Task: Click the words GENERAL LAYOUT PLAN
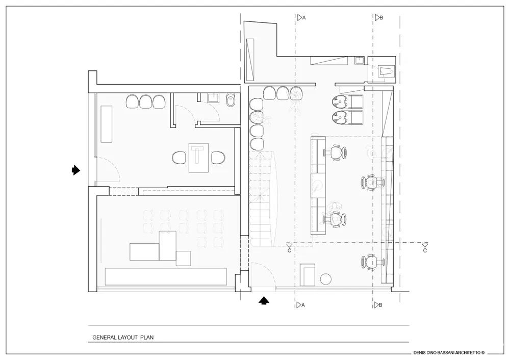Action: coord(122,337)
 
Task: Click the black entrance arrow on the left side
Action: coord(75,170)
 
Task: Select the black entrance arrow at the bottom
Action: coord(263,300)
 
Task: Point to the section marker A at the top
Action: coord(301,17)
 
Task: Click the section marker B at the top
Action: coord(378,17)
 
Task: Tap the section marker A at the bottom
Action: coord(300,305)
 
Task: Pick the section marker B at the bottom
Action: coord(378,305)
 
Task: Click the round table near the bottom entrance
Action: coord(326,278)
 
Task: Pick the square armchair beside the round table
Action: coord(308,275)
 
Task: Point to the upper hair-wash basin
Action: coord(341,102)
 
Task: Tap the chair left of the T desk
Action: coord(179,158)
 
